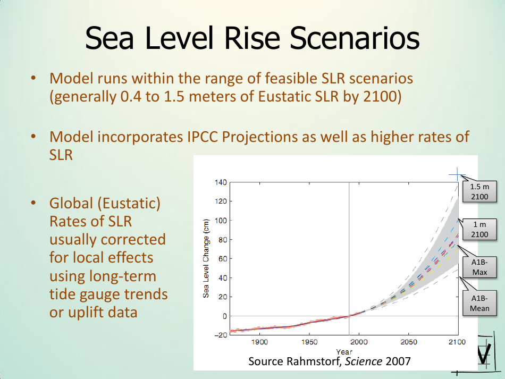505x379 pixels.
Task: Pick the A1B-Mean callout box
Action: click(x=476, y=304)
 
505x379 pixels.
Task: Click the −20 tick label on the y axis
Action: click(x=219, y=335)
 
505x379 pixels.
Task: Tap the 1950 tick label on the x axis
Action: click(x=309, y=342)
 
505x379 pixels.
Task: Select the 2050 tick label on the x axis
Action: click(x=408, y=342)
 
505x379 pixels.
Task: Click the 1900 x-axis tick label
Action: click(x=260, y=342)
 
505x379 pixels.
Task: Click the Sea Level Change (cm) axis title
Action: click(x=206, y=258)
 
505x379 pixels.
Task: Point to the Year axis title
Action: click(x=344, y=351)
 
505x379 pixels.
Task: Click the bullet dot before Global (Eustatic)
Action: click(x=33, y=204)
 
